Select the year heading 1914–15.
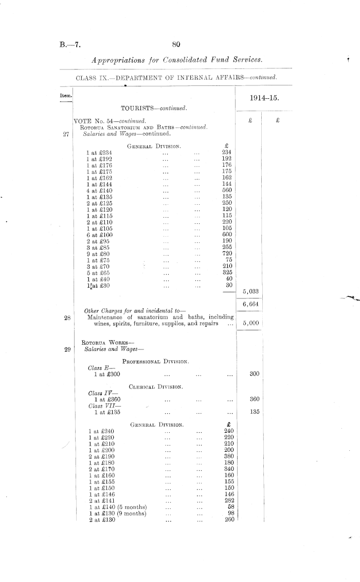point(264,98)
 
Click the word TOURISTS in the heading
point(140,108)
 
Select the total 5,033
point(250,291)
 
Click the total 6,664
point(250,304)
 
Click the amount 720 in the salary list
point(226,253)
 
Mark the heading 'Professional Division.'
point(155,362)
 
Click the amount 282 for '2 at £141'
point(229,500)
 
